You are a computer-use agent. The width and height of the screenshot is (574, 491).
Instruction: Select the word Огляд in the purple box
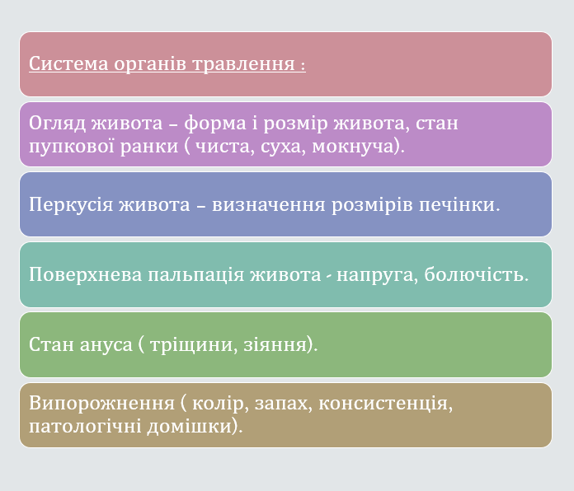pos(55,124)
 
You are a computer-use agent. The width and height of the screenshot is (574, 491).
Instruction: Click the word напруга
pos(374,274)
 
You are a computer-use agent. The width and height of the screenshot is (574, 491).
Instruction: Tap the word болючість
pos(478,274)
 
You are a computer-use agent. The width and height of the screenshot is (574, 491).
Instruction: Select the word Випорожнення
pos(101,404)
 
